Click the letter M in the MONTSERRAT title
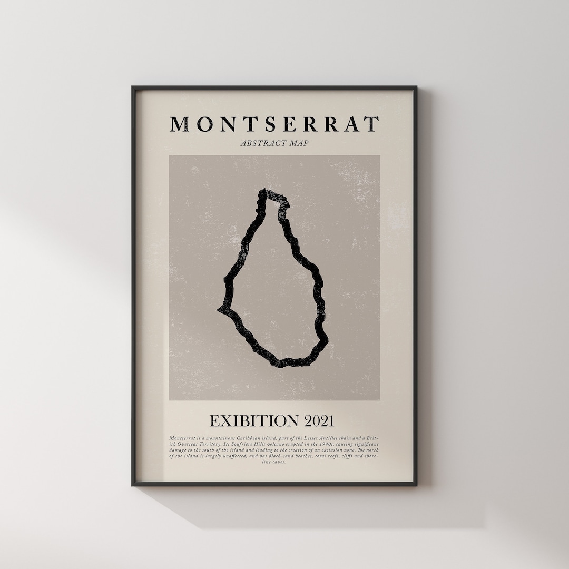click(179, 124)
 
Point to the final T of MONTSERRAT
click(372, 124)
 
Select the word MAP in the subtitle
click(298, 143)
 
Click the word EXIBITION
click(254, 421)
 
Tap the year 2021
click(319, 421)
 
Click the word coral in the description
click(324, 456)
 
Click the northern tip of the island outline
click(263, 192)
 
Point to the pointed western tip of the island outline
click(219, 309)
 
